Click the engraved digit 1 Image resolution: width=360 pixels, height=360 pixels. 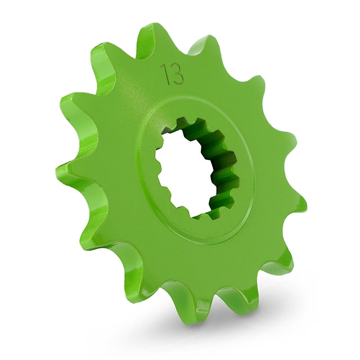click(164, 74)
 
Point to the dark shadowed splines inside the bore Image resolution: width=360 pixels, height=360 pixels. click(217, 163)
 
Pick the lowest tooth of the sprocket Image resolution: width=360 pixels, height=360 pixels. click(194, 309)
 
